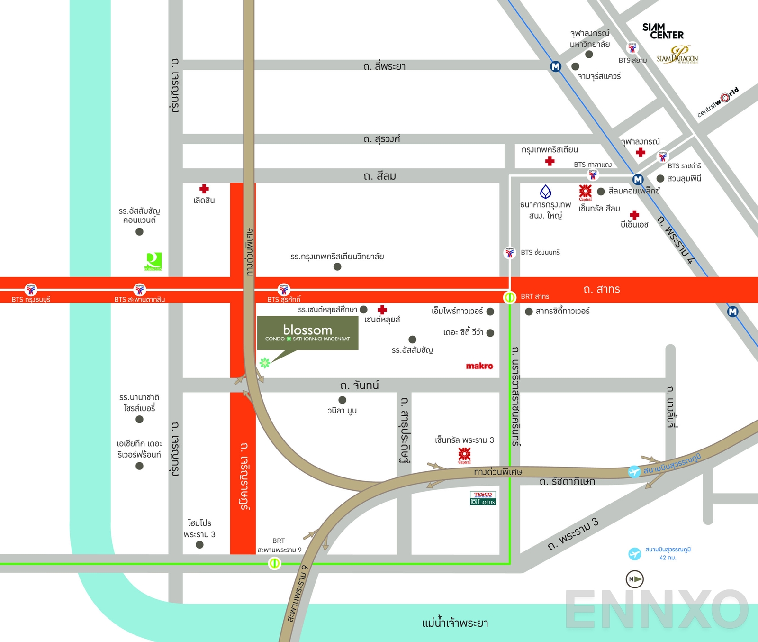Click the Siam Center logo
click(662, 31)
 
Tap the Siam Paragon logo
click(677, 55)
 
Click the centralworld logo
click(718, 101)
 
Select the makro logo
click(479, 366)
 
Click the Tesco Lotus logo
click(483, 498)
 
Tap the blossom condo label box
click(307, 333)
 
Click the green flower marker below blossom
click(264, 363)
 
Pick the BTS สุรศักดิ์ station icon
click(284, 289)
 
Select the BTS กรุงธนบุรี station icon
click(31, 289)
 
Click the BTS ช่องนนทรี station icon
click(509, 252)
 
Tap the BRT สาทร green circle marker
click(509, 297)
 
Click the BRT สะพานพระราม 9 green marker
click(274, 563)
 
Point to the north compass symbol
click(634, 579)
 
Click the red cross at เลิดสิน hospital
click(204, 189)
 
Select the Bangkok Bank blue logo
click(546, 192)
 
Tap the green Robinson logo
click(153, 261)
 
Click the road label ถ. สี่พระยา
click(384, 66)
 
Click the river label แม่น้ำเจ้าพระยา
click(455, 623)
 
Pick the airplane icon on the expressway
click(634, 472)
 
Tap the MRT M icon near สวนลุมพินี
click(638, 180)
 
